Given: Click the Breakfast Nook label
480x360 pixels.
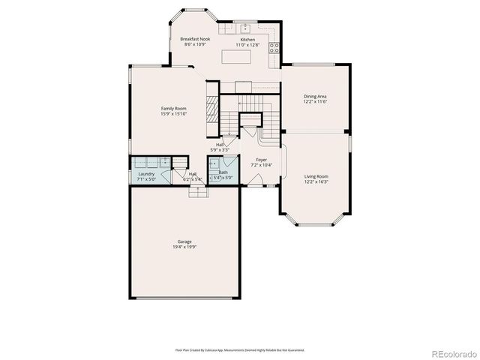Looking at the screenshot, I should [194, 38].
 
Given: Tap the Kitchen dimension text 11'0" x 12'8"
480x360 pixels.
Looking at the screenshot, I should [247, 45].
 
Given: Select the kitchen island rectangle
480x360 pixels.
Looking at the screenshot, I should [239, 57].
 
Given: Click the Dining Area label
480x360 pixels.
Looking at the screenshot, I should [315, 95].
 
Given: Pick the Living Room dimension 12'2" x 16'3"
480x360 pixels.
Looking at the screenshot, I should [316, 181].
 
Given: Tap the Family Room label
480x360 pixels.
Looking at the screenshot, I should [173, 109].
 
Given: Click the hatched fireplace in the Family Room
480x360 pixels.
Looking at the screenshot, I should [211, 104].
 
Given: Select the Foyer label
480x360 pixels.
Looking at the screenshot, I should [261, 160].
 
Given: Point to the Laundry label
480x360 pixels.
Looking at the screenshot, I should [146, 174].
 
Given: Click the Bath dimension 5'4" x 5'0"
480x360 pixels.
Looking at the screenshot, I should [223, 178].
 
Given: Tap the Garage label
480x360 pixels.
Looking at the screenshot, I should [184, 241].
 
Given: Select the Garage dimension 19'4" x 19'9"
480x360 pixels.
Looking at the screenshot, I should [184, 247].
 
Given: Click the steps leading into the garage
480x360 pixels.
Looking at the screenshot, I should [198, 191].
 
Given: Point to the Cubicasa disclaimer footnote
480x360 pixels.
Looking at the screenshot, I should [239, 349].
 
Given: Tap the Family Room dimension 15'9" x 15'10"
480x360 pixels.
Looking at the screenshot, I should [173, 114].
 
